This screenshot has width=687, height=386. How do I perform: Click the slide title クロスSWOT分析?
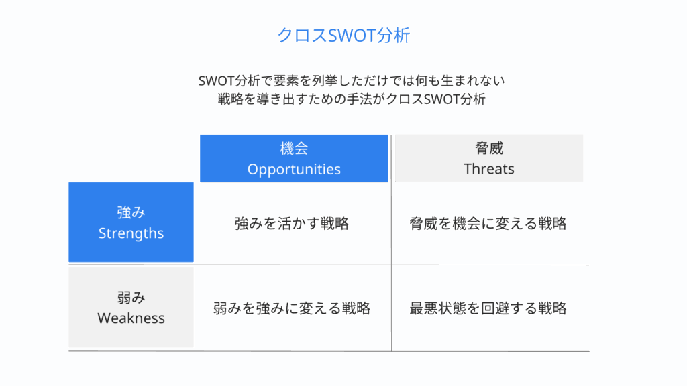click(343, 36)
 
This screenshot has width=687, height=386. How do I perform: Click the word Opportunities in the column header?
click(294, 169)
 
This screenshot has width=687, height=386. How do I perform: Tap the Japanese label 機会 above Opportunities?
click(294, 149)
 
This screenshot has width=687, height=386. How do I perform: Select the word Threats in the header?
click(488, 169)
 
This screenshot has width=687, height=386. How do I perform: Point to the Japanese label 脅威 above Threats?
click(488, 149)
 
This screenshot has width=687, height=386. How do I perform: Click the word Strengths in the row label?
click(131, 233)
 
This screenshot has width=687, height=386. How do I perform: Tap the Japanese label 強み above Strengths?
click(131, 212)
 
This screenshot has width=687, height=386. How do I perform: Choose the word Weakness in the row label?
click(131, 318)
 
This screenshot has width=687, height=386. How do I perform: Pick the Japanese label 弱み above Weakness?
click(131, 298)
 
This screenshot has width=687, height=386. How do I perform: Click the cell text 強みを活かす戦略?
click(292, 224)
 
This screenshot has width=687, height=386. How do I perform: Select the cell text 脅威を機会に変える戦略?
click(488, 224)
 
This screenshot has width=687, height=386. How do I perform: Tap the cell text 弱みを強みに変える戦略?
click(292, 308)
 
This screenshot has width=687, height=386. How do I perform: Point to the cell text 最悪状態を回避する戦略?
click(488, 308)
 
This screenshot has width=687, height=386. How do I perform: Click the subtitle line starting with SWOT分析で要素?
click(351, 81)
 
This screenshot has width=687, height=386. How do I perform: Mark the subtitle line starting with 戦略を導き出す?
click(351, 100)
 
